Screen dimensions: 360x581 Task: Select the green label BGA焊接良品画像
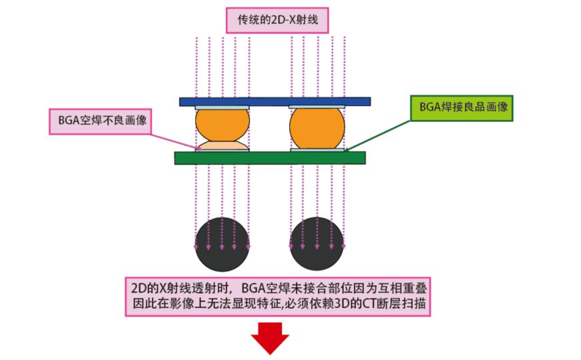point(461,107)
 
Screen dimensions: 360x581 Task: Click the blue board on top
point(275,101)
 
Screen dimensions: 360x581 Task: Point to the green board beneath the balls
point(269,157)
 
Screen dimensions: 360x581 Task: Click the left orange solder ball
point(223,124)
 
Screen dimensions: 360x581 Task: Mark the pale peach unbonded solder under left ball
point(223,145)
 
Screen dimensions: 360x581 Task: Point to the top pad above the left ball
point(223,107)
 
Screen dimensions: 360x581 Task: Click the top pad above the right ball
point(317,107)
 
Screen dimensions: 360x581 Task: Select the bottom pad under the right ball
point(317,150)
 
